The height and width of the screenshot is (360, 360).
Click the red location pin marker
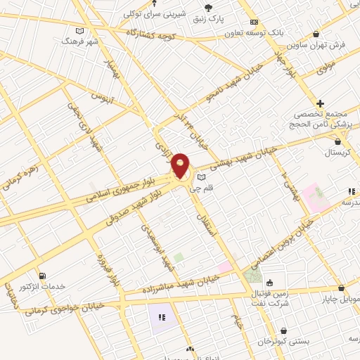[x=181, y=166]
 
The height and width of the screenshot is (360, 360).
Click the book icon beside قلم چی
[x=202, y=177]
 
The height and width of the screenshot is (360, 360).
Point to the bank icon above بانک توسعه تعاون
[x=255, y=22]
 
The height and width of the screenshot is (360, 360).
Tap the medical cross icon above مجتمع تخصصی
[x=320, y=103]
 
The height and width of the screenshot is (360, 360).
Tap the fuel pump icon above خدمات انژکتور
[x=43, y=275]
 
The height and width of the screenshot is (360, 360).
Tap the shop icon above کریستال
[x=338, y=141]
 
